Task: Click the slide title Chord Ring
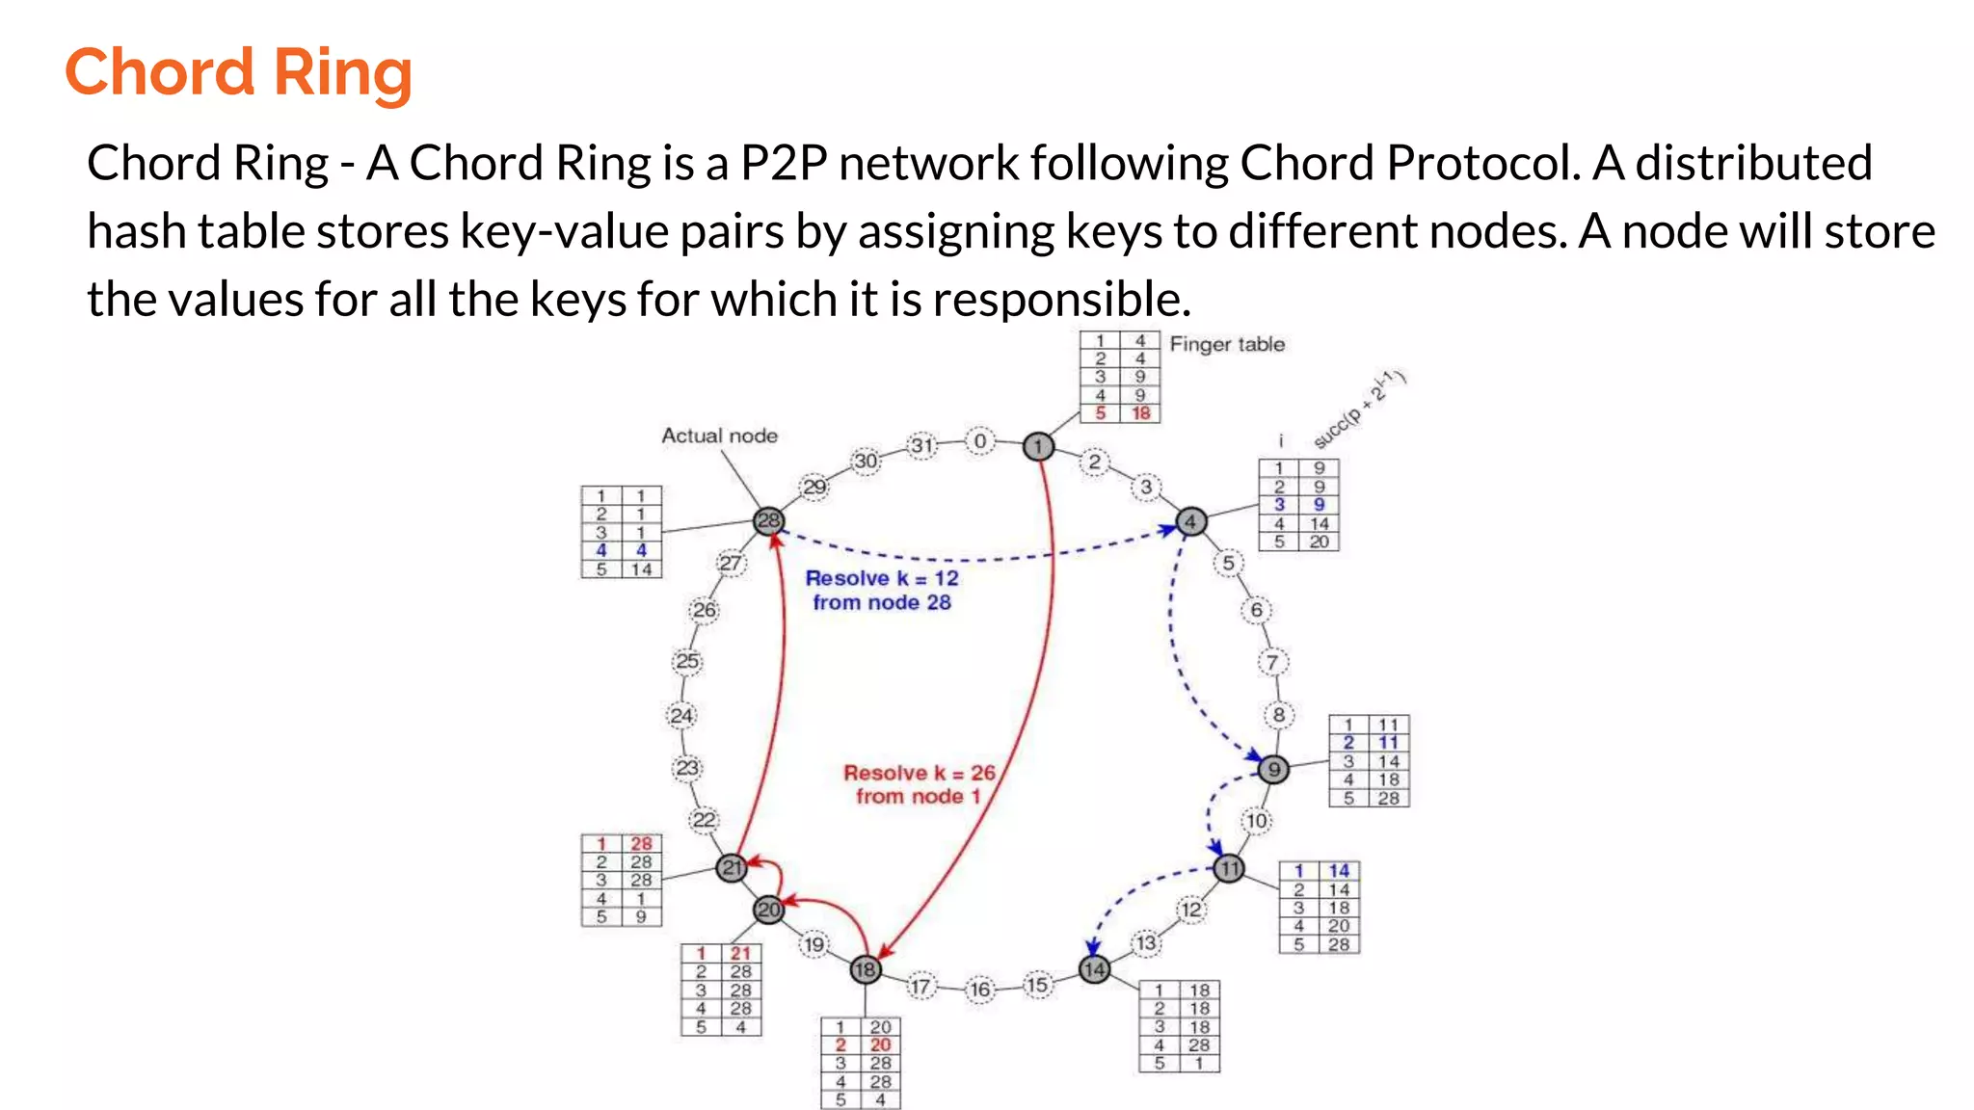pos(238,73)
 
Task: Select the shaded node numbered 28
pos(768,521)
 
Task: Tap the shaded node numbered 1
pos(1038,446)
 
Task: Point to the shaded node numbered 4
pos(1191,521)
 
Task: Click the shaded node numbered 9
pos(1273,769)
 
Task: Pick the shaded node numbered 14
pos(1094,969)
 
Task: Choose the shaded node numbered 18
pos(866,969)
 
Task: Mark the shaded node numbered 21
pos(733,868)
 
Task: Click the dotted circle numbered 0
pos(980,441)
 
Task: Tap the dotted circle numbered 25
pos(687,662)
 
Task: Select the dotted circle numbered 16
pos(980,990)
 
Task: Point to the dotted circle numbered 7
pos(1272,662)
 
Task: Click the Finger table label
pos(1227,344)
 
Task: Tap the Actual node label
pos(719,436)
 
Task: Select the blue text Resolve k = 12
pos(882,578)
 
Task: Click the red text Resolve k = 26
pos(919,773)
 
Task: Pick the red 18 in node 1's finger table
pos(1141,413)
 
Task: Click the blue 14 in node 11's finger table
pos(1339,871)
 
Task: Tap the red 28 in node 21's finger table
pos(641,843)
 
